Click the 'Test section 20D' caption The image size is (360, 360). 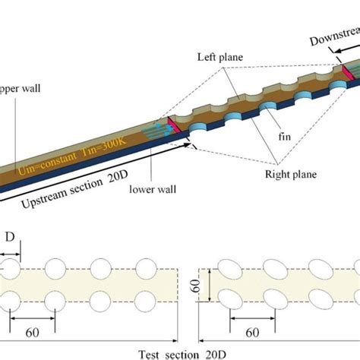tap(185, 354)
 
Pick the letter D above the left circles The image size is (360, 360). tap(9, 238)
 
